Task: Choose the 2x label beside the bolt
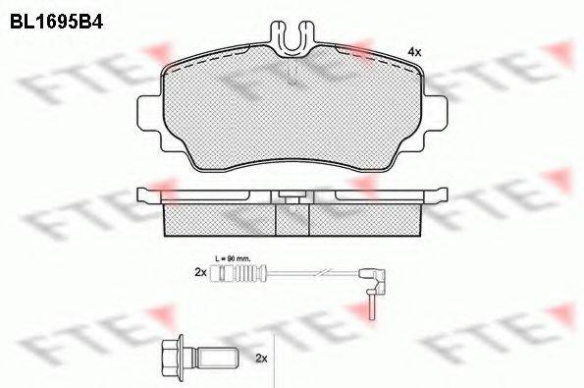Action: (261, 359)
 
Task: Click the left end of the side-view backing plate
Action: (147, 191)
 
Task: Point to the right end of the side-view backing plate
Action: (440, 191)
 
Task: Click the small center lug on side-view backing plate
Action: (292, 194)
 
